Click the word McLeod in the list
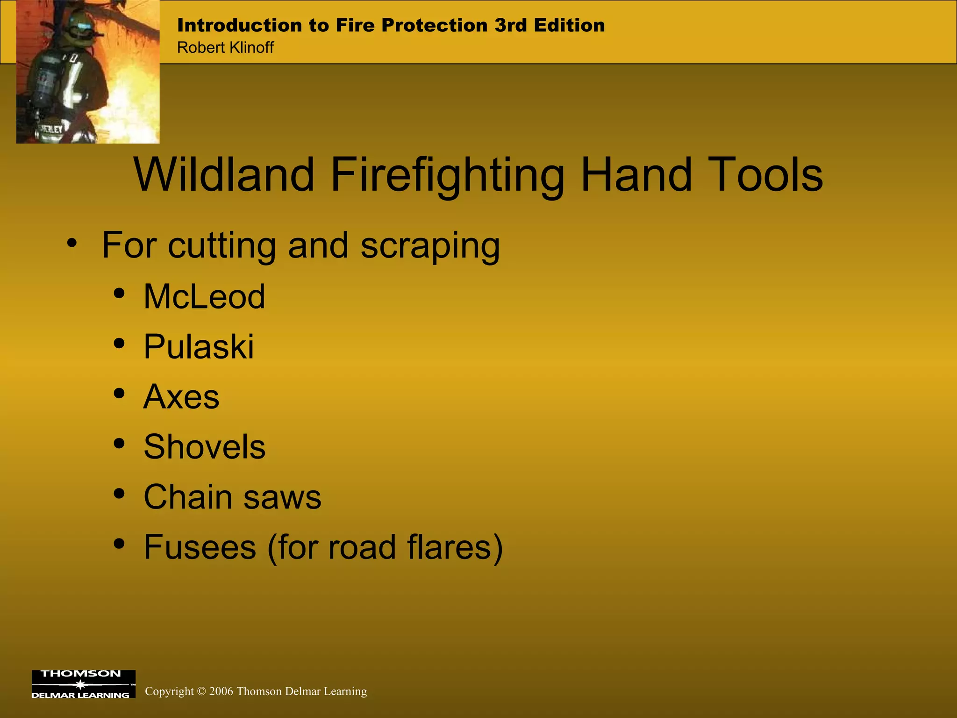click(204, 297)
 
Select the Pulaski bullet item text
click(199, 347)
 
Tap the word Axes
click(181, 397)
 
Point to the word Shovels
click(204, 447)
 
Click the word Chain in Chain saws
click(187, 497)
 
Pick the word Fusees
click(200, 547)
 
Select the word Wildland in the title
click(224, 174)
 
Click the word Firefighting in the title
click(447, 175)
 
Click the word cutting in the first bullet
click(221, 245)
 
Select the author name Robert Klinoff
click(225, 48)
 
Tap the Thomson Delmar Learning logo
click(83, 684)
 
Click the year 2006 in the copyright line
click(221, 691)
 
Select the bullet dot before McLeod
click(119, 294)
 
